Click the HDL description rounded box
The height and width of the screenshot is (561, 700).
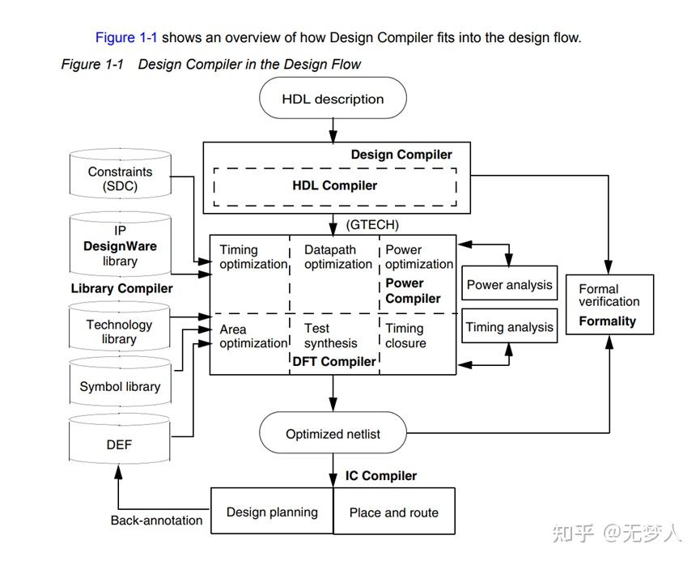(x=333, y=99)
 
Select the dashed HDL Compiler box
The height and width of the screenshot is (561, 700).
(x=335, y=185)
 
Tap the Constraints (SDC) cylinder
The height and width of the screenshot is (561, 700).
(x=120, y=176)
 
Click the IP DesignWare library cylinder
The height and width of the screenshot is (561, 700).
(x=120, y=244)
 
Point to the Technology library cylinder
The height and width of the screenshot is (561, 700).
(x=120, y=331)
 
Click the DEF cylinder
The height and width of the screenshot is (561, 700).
(x=120, y=444)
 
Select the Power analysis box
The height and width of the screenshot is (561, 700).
(x=509, y=284)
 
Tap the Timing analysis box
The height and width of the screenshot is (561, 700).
(x=509, y=327)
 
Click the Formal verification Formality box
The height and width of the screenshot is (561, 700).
(x=608, y=304)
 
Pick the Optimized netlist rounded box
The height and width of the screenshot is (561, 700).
(x=333, y=433)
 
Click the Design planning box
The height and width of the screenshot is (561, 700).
(x=272, y=512)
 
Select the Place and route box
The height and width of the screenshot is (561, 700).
(x=394, y=512)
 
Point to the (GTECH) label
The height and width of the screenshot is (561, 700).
(x=372, y=224)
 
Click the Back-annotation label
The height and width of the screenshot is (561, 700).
(x=156, y=521)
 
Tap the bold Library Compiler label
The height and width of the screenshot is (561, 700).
(x=121, y=288)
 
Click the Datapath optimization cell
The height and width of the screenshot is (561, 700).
(x=336, y=257)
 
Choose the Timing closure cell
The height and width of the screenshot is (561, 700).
(x=405, y=335)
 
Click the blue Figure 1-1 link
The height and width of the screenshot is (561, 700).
(x=126, y=37)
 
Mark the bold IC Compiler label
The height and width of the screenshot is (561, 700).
(x=381, y=475)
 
